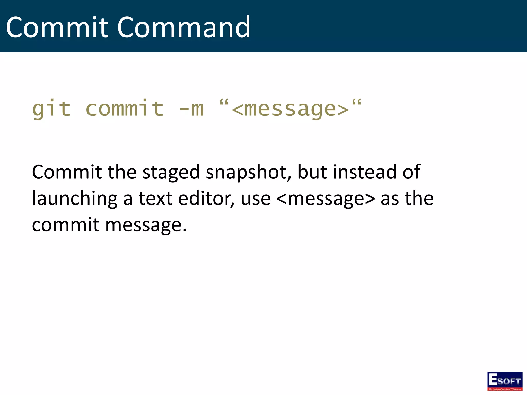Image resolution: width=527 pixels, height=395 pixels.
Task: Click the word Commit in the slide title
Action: (x=57, y=27)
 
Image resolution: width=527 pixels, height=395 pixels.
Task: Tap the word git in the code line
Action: (x=51, y=109)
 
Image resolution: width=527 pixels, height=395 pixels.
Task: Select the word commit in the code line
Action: (x=125, y=109)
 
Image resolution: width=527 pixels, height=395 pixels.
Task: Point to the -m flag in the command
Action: (x=191, y=109)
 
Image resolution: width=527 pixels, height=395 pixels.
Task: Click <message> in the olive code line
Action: (x=290, y=109)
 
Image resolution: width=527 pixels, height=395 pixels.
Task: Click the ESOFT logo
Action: (x=505, y=381)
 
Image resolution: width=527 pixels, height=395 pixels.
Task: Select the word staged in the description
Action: (x=171, y=172)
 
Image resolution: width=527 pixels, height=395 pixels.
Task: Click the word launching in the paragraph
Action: (x=75, y=199)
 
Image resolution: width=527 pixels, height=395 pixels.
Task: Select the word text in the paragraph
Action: (x=155, y=199)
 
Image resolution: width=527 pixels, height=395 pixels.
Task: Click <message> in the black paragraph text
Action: (x=326, y=199)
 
